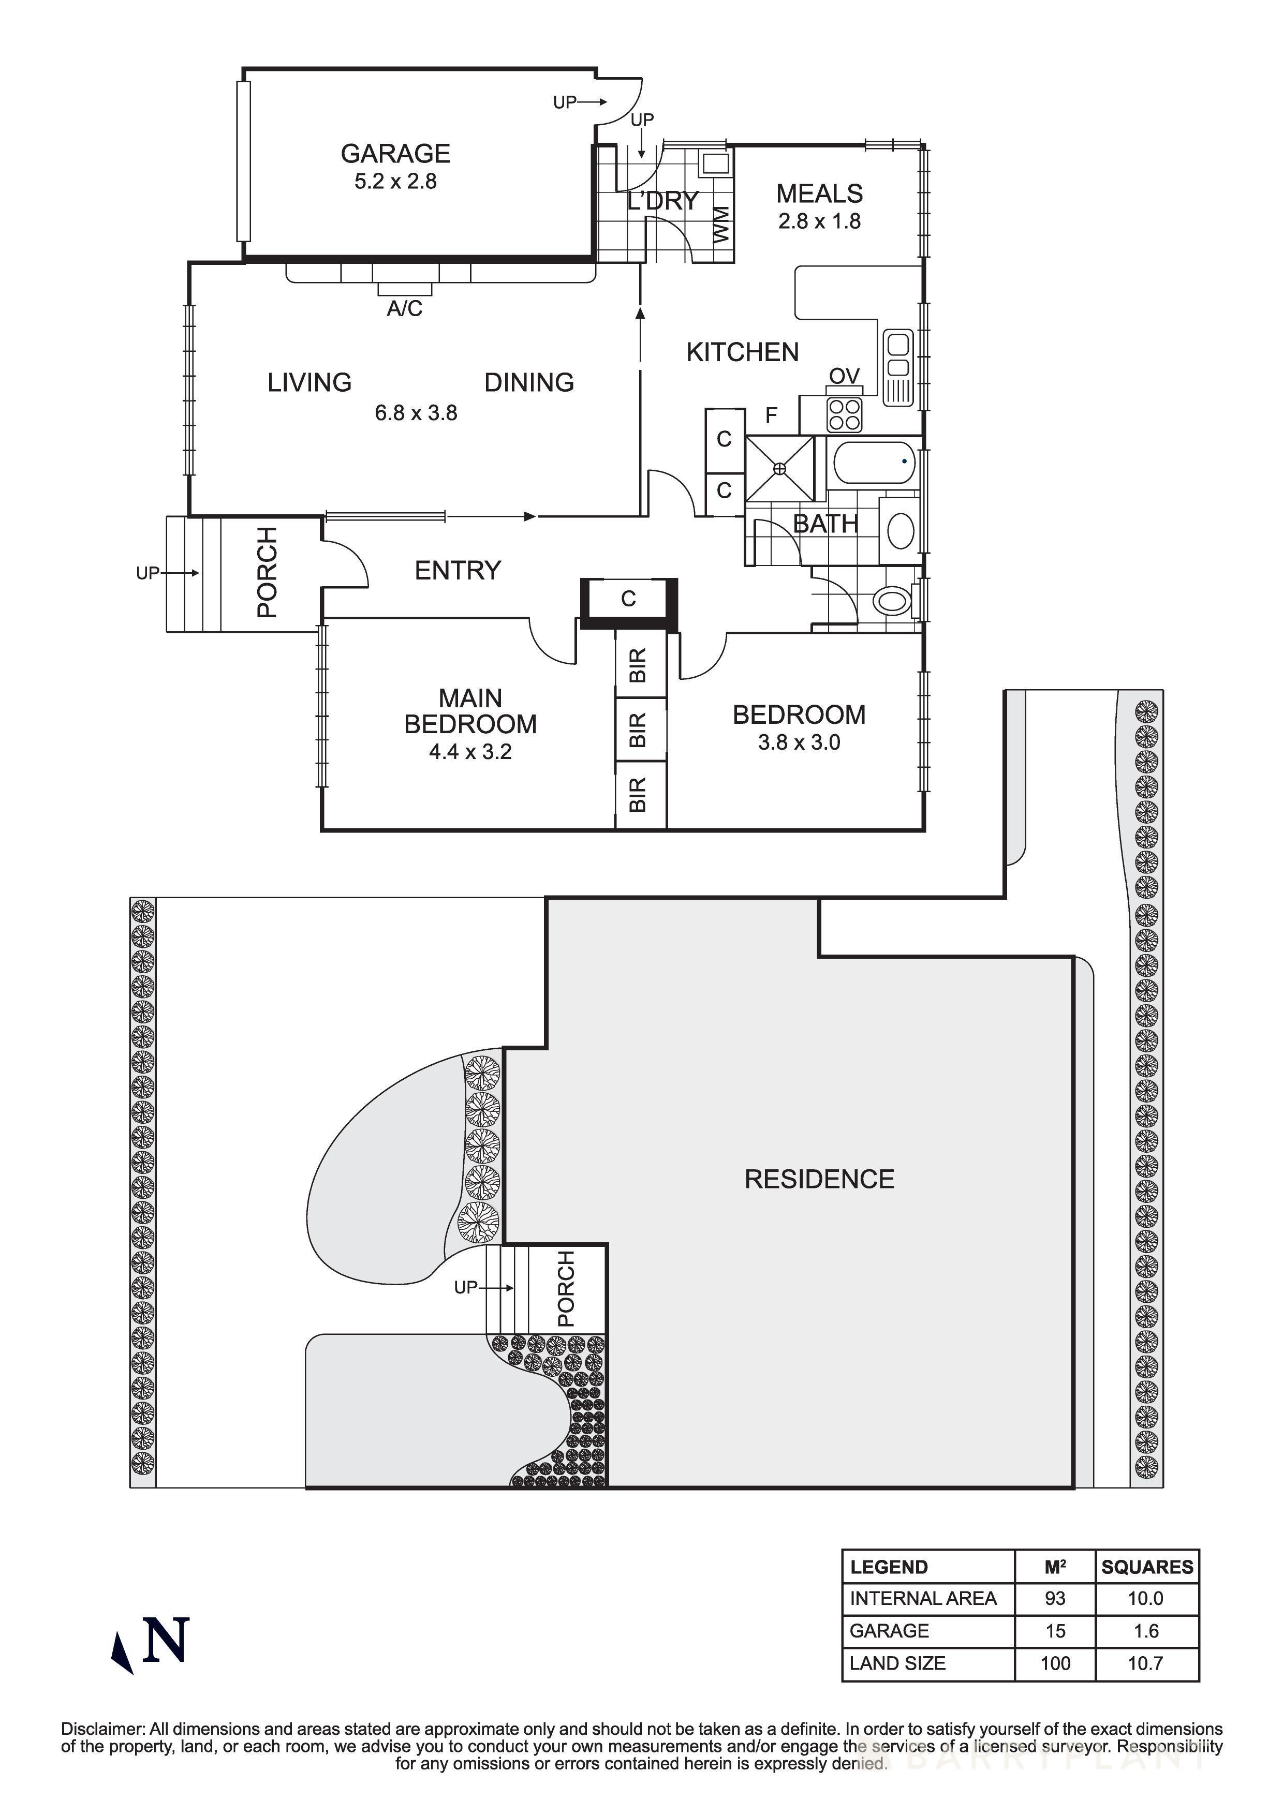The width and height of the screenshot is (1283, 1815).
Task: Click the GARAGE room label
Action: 395,153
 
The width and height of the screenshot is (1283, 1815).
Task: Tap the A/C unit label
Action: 404,308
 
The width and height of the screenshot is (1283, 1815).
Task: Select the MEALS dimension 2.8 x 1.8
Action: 819,221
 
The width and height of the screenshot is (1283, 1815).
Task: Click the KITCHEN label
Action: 742,352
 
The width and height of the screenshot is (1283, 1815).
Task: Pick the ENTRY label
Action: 458,570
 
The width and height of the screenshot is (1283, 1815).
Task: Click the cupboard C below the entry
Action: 628,599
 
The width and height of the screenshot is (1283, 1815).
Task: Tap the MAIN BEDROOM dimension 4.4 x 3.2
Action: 470,752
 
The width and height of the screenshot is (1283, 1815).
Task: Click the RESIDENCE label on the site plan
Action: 819,1180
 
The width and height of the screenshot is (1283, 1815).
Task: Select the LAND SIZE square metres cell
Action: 1055,1663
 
